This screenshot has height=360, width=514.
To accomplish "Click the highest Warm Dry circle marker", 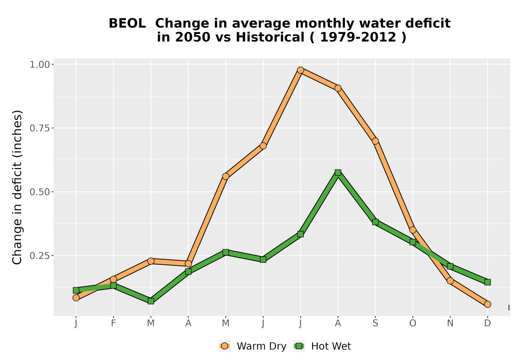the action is (x=300, y=70).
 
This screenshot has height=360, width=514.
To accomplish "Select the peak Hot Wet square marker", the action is (x=338, y=172).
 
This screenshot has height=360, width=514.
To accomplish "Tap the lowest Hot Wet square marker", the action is (x=151, y=301).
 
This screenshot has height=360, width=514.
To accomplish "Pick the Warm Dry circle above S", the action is (x=375, y=141).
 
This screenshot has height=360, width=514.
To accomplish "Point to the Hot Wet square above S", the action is (x=375, y=222).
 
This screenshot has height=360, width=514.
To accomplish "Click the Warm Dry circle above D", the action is (x=487, y=304).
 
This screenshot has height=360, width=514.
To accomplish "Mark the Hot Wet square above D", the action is (x=487, y=282).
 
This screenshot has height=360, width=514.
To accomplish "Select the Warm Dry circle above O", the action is (x=413, y=230).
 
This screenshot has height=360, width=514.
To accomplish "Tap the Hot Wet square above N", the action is (x=450, y=266).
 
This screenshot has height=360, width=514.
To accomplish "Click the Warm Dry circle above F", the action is (x=114, y=279).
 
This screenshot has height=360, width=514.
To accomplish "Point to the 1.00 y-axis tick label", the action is (x=40, y=64).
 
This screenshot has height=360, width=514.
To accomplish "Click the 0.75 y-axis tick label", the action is (x=40, y=128).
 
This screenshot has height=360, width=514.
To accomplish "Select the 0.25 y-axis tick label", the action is (x=40, y=256).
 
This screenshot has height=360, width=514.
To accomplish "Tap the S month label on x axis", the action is (x=375, y=323).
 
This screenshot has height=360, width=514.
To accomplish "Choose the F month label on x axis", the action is (x=114, y=323).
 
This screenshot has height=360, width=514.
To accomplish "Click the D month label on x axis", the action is (x=487, y=323).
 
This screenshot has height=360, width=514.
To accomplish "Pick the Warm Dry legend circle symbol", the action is (x=225, y=346).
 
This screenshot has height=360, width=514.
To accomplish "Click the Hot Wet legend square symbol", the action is (x=299, y=346).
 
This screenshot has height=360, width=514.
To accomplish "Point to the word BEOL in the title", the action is (x=127, y=24).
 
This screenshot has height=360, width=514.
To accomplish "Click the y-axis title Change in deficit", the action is (x=17, y=187).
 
